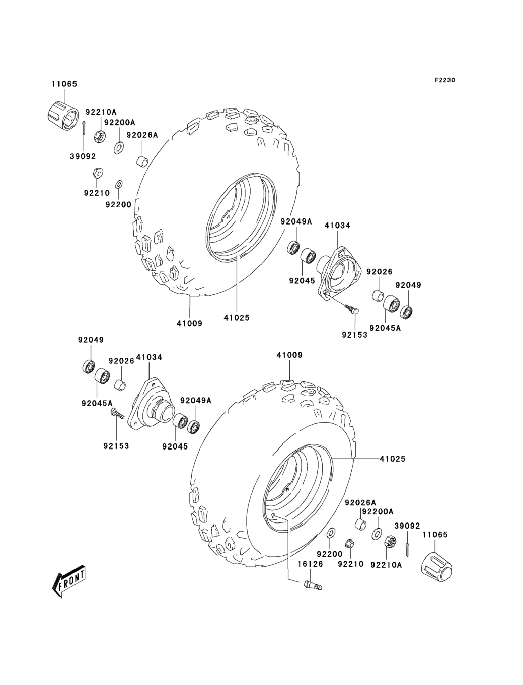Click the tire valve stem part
[x=313, y=585]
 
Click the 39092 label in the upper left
[x=83, y=156]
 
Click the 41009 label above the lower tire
[x=290, y=355]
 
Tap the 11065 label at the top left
[x=64, y=84]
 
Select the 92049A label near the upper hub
[x=296, y=221]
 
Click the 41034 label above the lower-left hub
[x=149, y=357]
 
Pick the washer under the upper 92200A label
[x=119, y=148]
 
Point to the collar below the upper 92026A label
[x=142, y=162]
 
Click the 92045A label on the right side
[x=385, y=328]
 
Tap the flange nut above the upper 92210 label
[x=98, y=173]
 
